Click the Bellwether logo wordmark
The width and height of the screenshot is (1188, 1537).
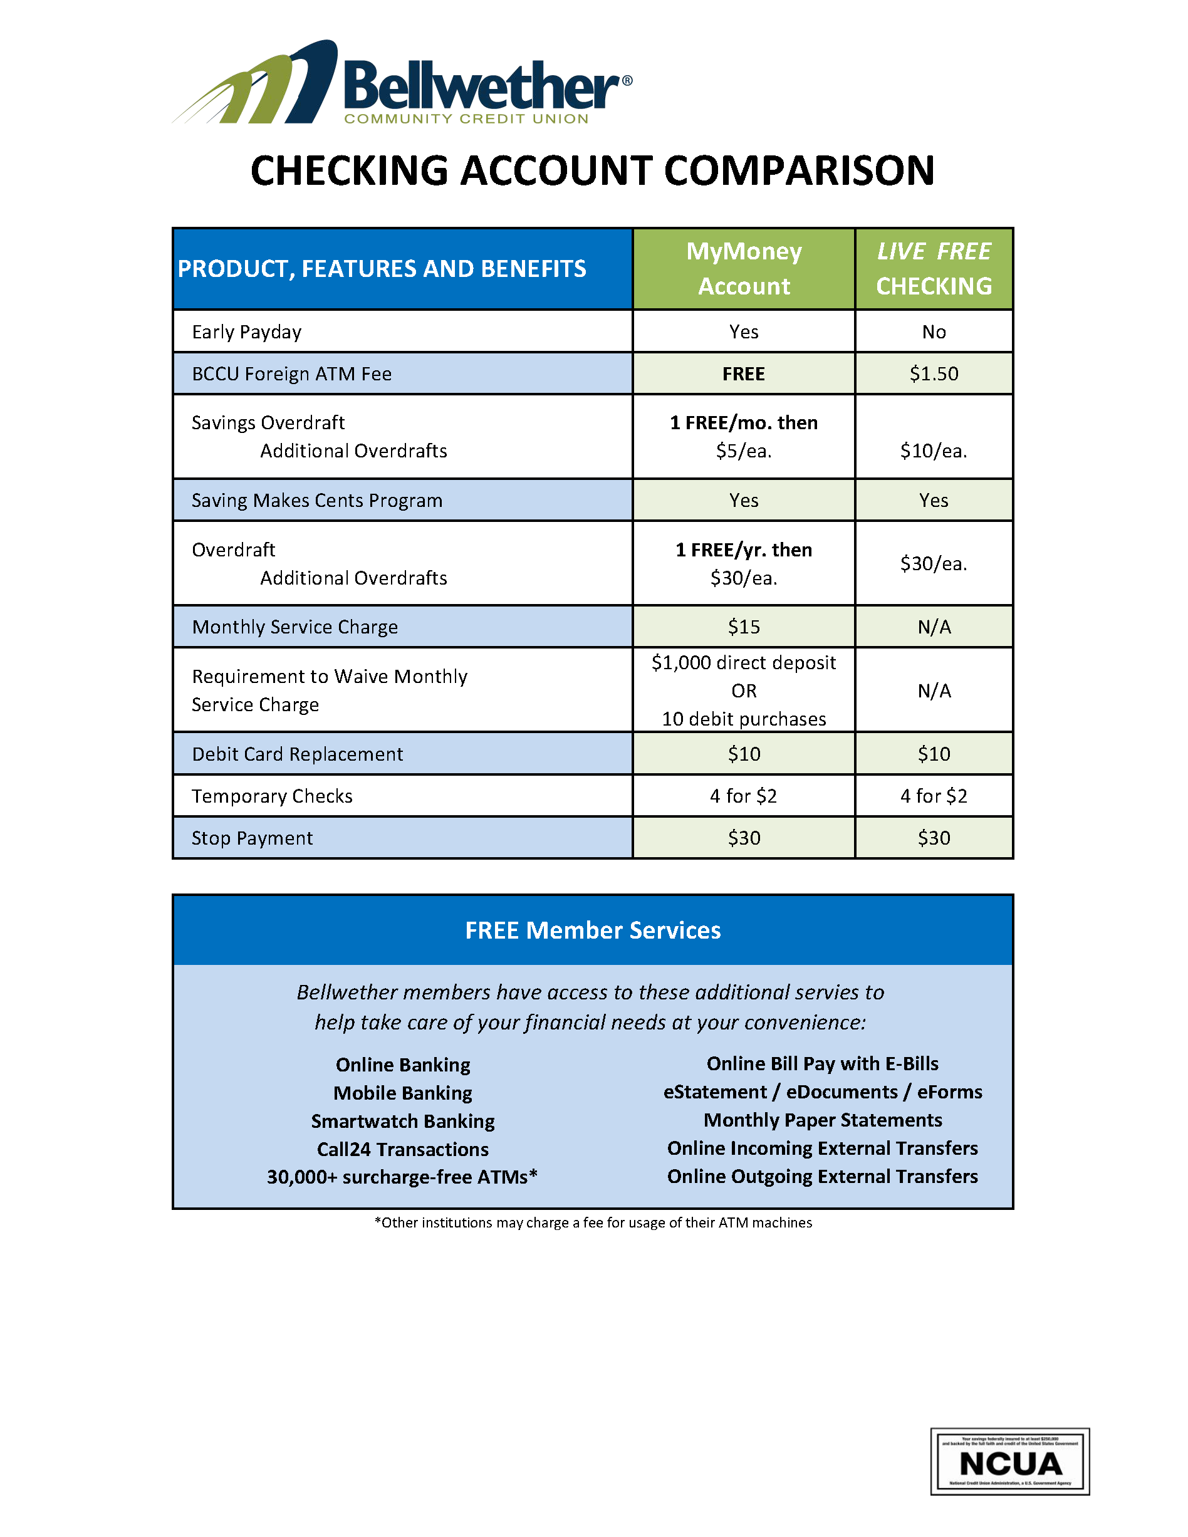pyautogui.click(x=482, y=86)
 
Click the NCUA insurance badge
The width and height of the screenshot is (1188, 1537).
pyautogui.click(x=1009, y=1462)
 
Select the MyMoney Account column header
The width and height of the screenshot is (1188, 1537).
pyautogui.click(x=743, y=269)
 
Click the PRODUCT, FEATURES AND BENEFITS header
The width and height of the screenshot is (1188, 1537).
pyautogui.click(x=382, y=269)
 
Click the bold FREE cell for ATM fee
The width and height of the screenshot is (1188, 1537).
pyautogui.click(x=743, y=373)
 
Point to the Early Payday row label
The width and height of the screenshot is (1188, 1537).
pyautogui.click(x=246, y=331)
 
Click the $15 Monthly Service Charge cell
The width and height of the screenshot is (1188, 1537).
pyautogui.click(x=743, y=627)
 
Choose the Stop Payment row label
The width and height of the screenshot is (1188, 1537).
pyautogui.click(x=252, y=838)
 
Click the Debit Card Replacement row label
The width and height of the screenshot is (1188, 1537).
pyautogui.click(x=297, y=754)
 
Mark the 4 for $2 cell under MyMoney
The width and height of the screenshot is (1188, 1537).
pyautogui.click(x=743, y=796)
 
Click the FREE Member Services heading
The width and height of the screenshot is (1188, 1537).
pyautogui.click(x=593, y=930)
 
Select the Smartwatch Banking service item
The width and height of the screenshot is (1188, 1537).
pyautogui.click(x=402, y=1121)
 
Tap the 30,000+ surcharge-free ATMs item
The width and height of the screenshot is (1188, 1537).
pyautogui.click(x=402, y=1177)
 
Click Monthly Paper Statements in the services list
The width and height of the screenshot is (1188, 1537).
pyautogui.click(x=822, y=1120)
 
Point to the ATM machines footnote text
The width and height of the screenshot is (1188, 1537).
pyautogui.click(x=593, y=1222)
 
